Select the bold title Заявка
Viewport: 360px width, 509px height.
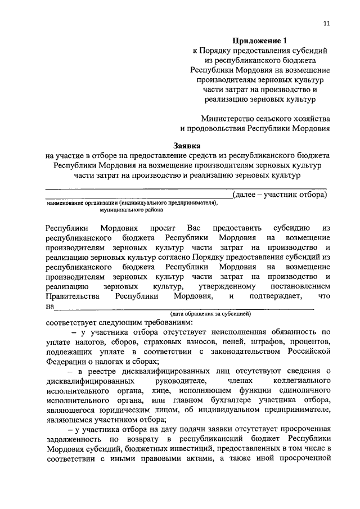pyautogui.click(x=187, y=145)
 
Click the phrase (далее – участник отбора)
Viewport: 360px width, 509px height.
pyautogui.click(x=280, y=194)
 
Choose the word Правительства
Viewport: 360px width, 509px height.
pyautogui.click(x=74, y=295)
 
